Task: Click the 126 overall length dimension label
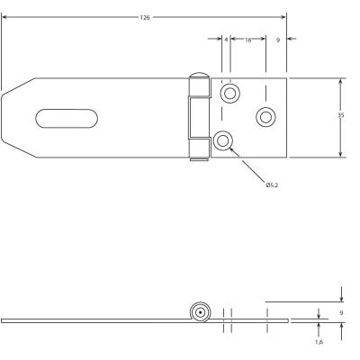tap(145, 18)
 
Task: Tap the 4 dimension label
tap(226, 40)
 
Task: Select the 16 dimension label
tap(247, 40)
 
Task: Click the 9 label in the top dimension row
tap(277, 40)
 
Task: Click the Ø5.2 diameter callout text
tap(272, 185)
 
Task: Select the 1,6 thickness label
tap(319, 342)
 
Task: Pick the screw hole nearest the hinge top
tap(229, 94)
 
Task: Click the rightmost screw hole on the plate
tap(265, 116)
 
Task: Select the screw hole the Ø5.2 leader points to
tap(222, 139)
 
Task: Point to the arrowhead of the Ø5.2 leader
tap(231, 148)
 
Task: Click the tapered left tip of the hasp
tap(7, 117)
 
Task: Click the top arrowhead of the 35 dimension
tap(341, 80)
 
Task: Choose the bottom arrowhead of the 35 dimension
tap(341, 155)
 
